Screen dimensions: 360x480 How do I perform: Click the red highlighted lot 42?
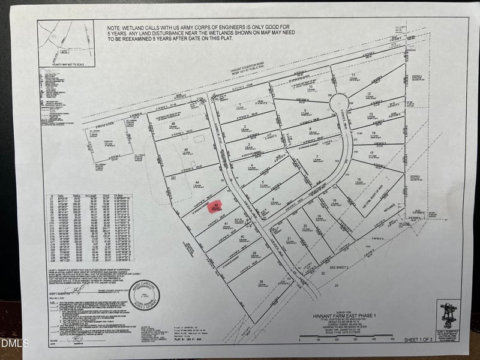215,206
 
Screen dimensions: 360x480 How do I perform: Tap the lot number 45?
187,149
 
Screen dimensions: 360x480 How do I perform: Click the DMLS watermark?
11,343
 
